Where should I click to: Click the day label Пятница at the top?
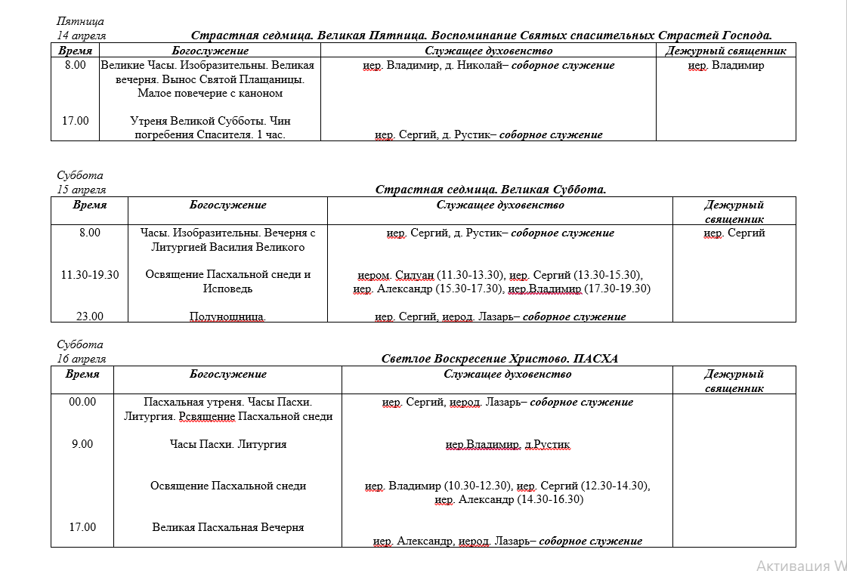(80, 21)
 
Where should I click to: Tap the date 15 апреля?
(81, 190)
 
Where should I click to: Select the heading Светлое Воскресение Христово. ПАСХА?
(499, 359)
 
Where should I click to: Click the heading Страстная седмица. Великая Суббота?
(490, 190)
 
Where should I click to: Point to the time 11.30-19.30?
(90, 274)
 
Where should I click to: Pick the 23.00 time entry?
(90, 316)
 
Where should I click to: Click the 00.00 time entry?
(82, 402)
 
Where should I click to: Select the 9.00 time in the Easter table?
(82, 444)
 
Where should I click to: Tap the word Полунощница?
(227, 316)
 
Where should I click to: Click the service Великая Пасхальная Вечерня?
(228, 527)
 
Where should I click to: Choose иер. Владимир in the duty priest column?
(726, 65)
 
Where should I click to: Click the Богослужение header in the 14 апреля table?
(210, 51)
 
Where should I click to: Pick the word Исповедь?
(227, 289)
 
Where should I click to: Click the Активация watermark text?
(801, 564)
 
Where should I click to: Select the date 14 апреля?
(81, 35)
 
